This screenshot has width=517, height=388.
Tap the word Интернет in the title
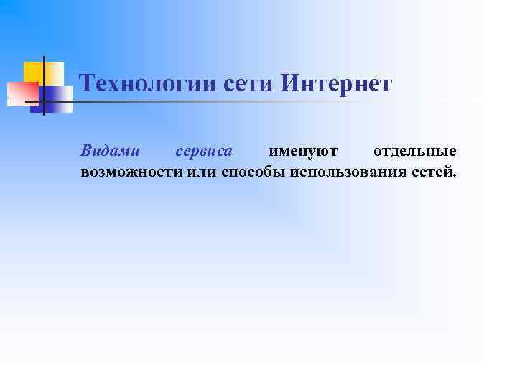coord(336,84)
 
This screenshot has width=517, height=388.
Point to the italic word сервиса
coord(204,151)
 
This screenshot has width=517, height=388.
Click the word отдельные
coord(415,151)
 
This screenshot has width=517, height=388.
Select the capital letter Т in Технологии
coord(87,84)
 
